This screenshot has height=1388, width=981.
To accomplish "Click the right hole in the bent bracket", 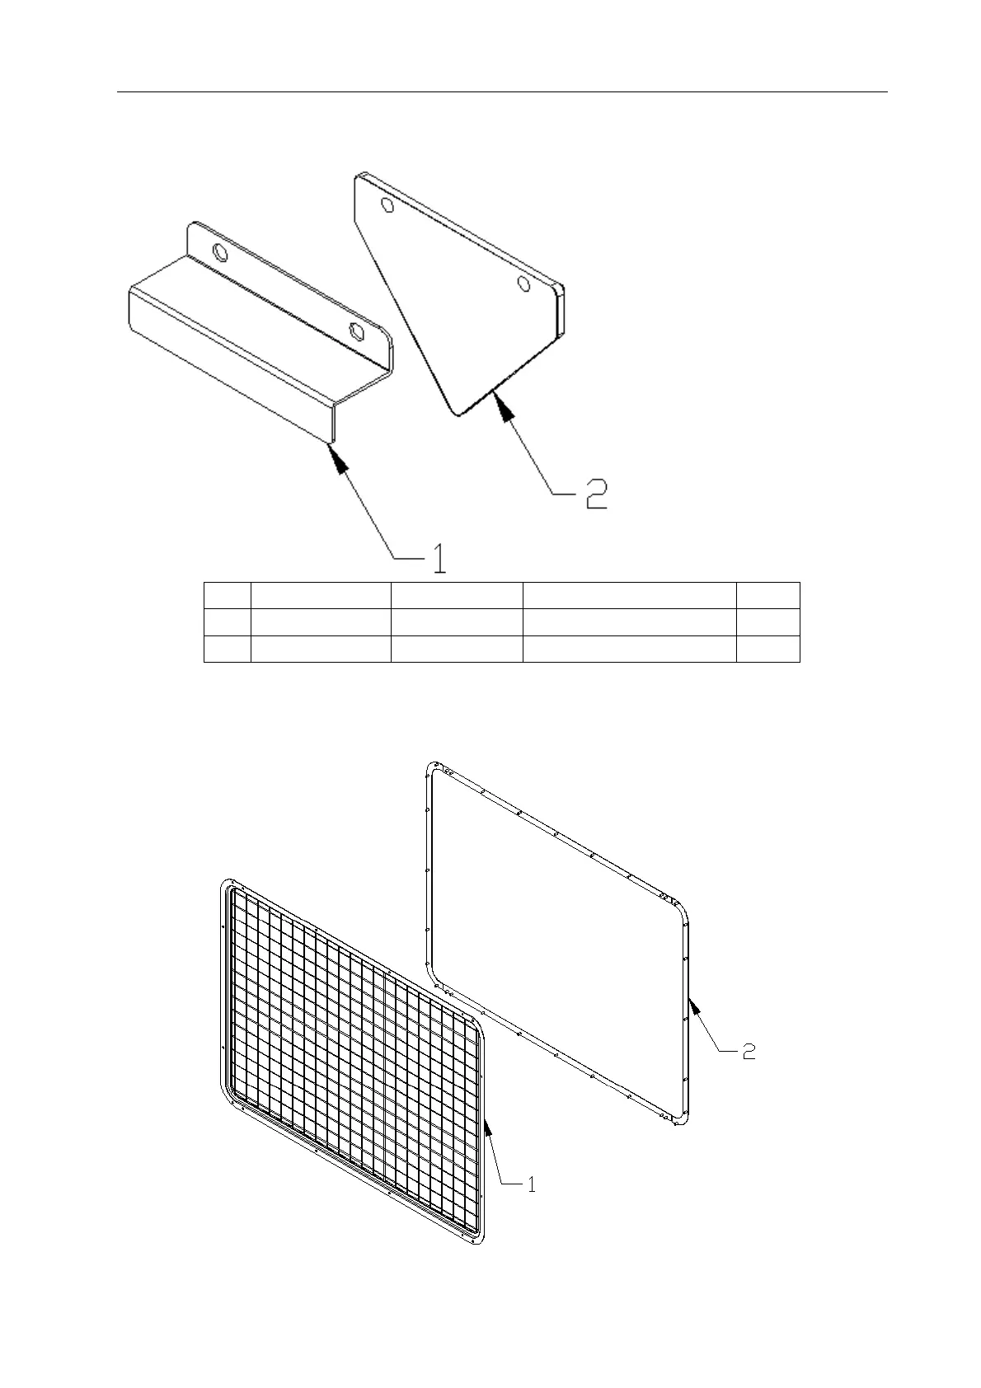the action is [357, 331].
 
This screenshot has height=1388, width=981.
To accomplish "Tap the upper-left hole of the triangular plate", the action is [387, 204].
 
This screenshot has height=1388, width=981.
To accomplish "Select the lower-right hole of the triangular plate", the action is [523, 284].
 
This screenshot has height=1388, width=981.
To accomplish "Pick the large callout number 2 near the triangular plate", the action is [595, 493].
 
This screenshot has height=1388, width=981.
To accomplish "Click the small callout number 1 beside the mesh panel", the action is [532, 1184].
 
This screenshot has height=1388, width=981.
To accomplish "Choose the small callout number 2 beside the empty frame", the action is [749, 1051].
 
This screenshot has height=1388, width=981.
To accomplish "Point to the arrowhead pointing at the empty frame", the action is [694, 1006].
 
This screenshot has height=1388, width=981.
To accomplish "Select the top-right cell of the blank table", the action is [768, 595].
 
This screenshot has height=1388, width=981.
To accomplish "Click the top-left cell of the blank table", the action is [227, 595].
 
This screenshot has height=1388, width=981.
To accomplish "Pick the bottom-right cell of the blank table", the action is [768, 649].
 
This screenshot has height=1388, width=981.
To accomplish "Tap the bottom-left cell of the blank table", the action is [227, 649].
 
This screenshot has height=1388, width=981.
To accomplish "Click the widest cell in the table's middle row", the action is [629, 621].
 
